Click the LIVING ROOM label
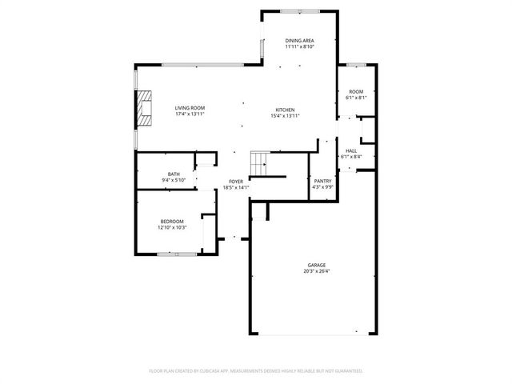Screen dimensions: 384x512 190,108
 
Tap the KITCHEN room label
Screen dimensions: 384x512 286,110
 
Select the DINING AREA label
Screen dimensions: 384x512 300,41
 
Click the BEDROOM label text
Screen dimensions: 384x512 172,222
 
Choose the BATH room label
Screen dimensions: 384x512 174,174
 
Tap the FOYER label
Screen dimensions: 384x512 236,182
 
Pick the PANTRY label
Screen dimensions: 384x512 322,182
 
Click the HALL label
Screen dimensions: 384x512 351,150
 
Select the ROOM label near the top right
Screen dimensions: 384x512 356,92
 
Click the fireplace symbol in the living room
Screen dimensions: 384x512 143,108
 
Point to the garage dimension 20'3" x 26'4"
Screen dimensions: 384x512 318,271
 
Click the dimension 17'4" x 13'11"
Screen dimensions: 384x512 190,114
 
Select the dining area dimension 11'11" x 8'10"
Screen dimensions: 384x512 300,47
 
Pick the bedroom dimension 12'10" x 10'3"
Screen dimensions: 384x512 172,228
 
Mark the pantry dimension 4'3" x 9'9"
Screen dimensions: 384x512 322,188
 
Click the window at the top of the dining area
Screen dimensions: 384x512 300,10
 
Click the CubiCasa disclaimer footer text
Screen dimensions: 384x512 256,371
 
